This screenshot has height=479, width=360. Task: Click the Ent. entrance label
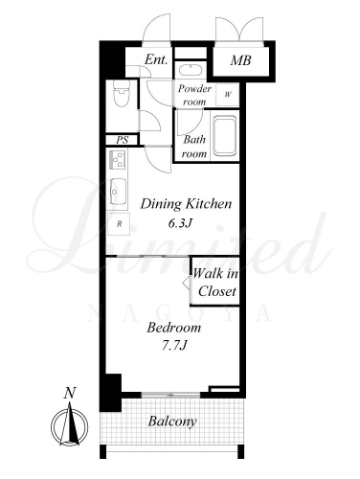coord(156,59)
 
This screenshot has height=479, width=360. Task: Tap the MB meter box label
coord(241,60)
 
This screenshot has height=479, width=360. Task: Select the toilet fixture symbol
coord(122,93)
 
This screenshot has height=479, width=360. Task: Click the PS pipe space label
coord(122,140)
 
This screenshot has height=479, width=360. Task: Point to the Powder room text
coord(194,95)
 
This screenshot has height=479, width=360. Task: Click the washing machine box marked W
coord(228,95)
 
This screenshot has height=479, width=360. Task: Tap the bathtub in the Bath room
coord(225,136)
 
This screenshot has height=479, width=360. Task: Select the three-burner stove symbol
coord(118,160)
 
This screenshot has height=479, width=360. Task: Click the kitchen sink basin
coord(118,191)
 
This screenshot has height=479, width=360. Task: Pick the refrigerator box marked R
coord(119,224)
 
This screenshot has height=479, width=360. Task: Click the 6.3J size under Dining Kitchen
coord(180,223)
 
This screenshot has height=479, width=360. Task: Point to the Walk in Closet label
coord(215,283)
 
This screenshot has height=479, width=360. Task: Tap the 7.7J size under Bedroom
coord(174,345)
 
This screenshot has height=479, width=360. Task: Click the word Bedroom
coord(174,328)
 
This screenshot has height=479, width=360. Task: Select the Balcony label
coord(172,422)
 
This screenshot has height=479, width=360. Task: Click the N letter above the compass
coord(70,393)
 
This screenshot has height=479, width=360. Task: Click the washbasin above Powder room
coord(190,70)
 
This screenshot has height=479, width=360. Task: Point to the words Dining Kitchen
coord(186,204)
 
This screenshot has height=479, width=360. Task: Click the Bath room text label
coord(194,147)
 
